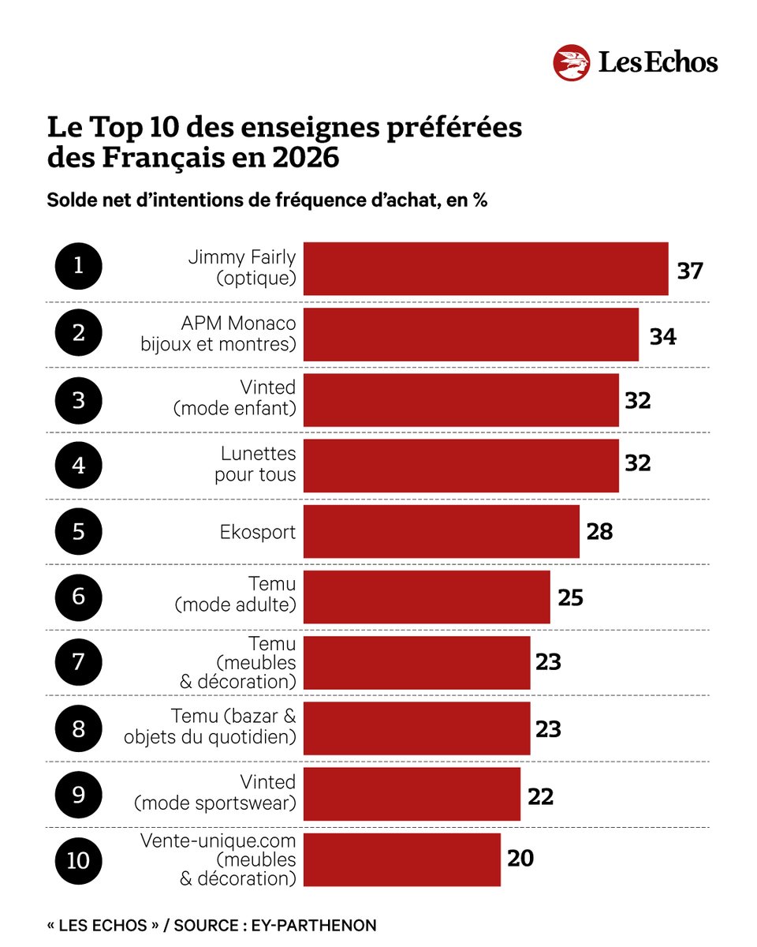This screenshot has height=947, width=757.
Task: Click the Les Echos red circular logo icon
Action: click(572, 62)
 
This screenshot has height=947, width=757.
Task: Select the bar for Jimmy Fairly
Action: click(486, 268)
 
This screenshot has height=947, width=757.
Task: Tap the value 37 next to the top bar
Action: click(689, 270)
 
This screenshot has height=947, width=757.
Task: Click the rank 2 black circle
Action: click(78, 333)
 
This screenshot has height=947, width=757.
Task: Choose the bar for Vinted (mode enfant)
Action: click(461, 400)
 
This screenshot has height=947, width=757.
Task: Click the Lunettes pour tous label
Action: click(255, 464)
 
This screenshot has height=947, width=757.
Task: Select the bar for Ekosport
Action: click(441, 531)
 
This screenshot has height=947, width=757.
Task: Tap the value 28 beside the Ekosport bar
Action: click(599, 531)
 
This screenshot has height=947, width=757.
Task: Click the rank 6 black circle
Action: click(78, 595)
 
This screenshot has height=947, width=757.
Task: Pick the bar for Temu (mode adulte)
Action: click(427, 597)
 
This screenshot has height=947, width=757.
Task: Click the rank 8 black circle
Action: click(78, 727)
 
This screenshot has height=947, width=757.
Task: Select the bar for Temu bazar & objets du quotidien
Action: click(416, 728)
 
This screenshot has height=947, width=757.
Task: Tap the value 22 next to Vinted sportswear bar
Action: click(541, 796)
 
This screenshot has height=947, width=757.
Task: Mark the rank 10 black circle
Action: click(78, 859)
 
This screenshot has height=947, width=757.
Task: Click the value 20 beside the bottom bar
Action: click(520, 859)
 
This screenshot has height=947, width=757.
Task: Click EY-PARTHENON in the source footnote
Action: click(323, 925)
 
